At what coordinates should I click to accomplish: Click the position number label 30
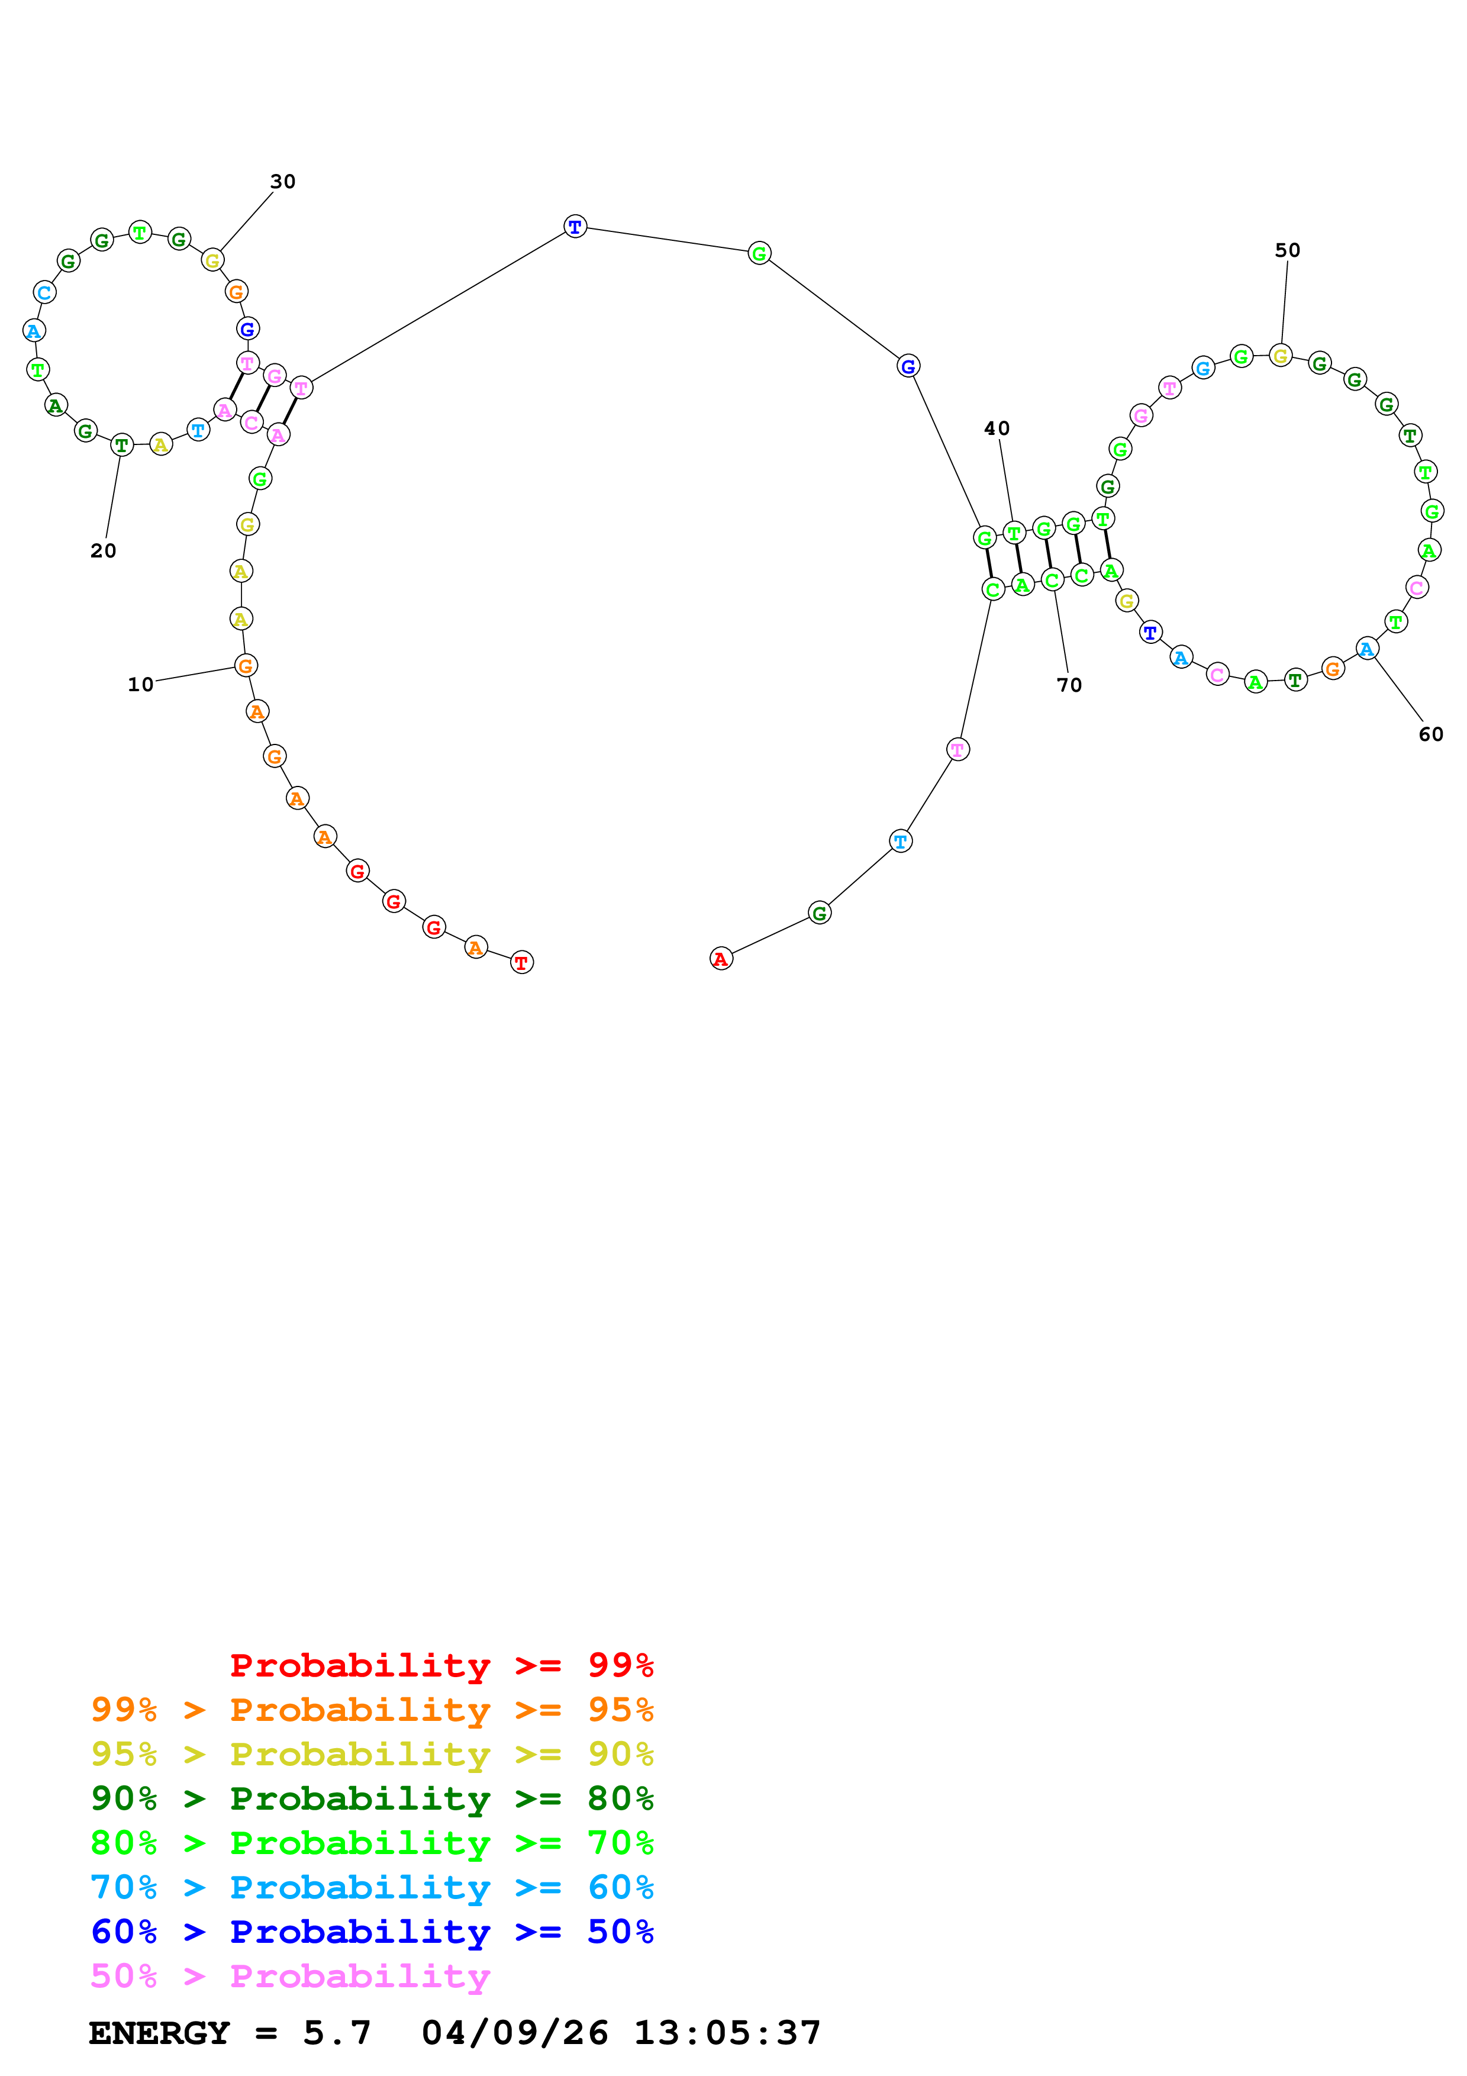pos(283,182)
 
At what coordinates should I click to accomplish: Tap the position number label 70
pos(1069,685)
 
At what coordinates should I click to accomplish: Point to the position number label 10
pos(140,685)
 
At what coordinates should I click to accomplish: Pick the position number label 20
pos(103,550)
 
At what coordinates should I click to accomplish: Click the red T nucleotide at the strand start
pos(521,962)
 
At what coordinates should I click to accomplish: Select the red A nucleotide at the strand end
pos(720,959)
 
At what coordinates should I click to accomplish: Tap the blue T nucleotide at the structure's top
pos(575,226)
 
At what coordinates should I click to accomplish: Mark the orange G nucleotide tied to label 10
pos(245,666)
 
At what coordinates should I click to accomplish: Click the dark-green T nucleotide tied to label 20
pos(121,445)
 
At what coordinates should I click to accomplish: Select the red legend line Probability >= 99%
pos(441,1665)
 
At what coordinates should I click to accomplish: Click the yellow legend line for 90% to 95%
pos(372,1754)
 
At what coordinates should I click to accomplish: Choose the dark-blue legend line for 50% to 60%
pos(372,1932)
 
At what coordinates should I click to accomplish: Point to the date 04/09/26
pos(514,2033)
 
